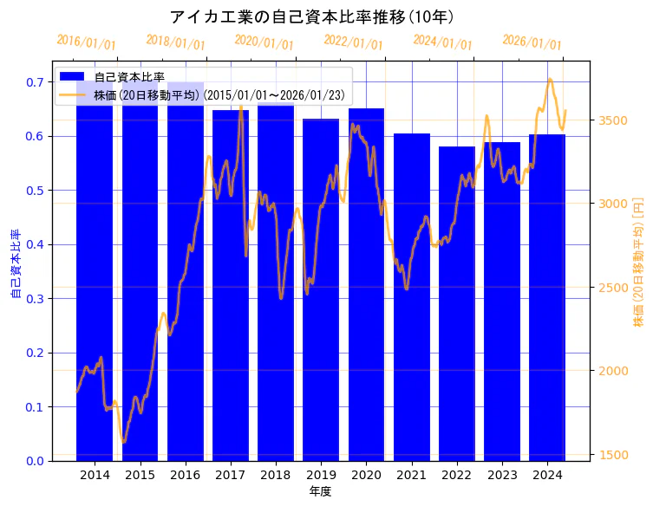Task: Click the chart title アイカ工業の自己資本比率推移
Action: point(312,16)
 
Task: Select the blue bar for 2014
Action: point(95,277)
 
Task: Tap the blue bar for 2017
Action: point(231,286)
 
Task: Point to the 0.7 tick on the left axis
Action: point(35,82)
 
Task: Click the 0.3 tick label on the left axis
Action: point(35,299)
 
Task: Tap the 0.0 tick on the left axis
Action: point(35,461)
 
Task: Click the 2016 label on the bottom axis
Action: point(186,476)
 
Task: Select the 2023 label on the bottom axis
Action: point(502,476)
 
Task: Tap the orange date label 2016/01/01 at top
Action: point(86,42)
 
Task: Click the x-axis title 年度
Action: point(321,491)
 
